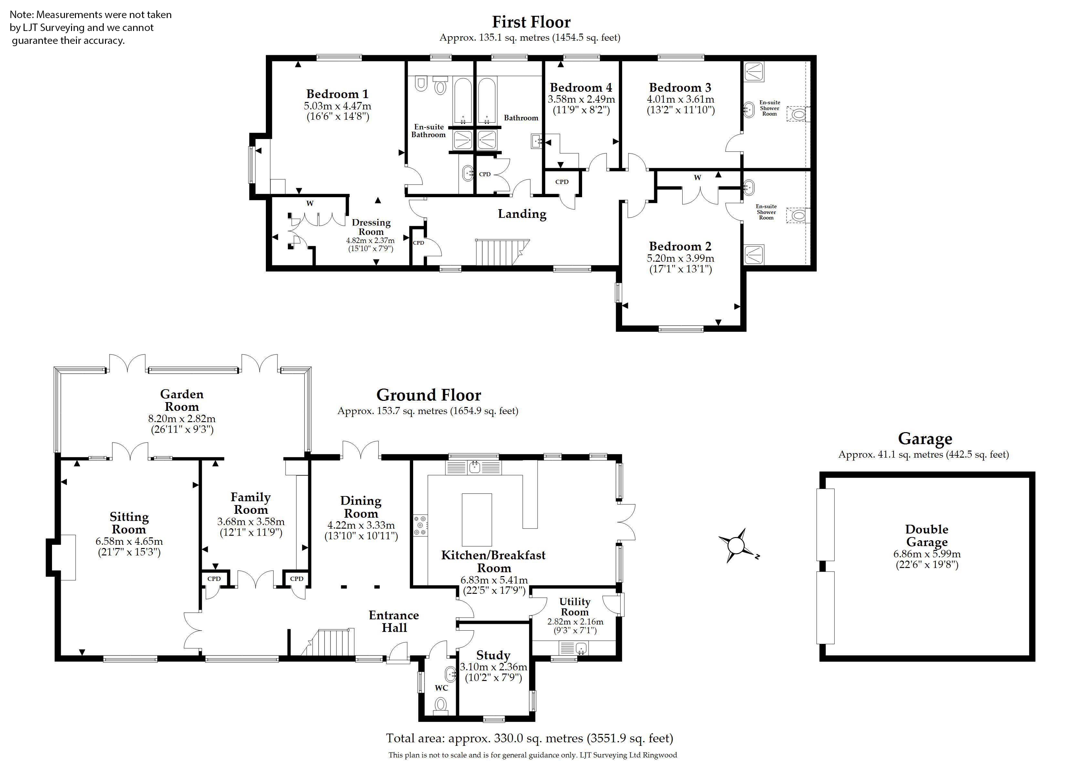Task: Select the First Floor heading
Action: coord(531,22)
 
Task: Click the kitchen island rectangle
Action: coord(477,520)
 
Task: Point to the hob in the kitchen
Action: coord(420,525)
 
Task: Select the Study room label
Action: coord(493,655)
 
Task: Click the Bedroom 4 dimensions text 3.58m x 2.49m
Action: coord(581,99)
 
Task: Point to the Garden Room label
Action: coord(182,400)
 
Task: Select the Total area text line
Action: coord(529,738)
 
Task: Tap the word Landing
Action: coord(522,214)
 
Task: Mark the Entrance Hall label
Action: coord(394,621)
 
